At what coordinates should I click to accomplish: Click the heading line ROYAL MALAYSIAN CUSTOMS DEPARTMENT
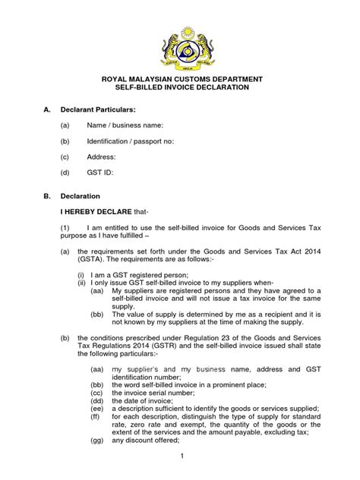pyautogui.click(x=179, y=78)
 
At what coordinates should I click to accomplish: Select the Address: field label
pyautogui.click(x=101, y=156)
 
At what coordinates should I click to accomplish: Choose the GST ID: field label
pyautogui.click(x=100, y=172)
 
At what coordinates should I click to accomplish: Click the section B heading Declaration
pyautogui.click(x=91, y=195)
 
